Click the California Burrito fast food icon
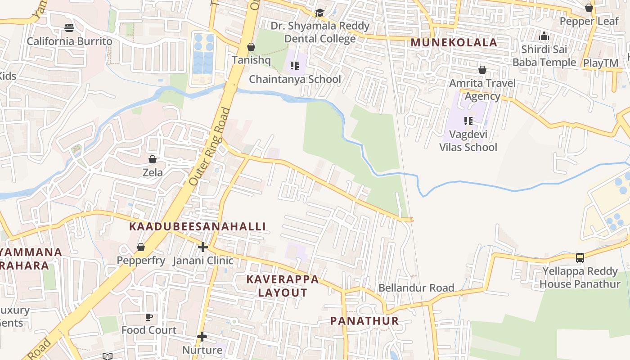pos(69,28)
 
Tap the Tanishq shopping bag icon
pos(251,47)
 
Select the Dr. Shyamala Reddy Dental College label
pos(320,32)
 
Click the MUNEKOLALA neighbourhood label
pos(454,43)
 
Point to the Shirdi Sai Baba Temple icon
pos(544,36)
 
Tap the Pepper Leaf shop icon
pos(589,8)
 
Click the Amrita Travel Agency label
pos(482,90)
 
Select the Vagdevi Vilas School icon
pos(468,121)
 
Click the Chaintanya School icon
pos(295,66)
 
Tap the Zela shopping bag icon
pos(153,160)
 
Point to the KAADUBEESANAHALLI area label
pos(198,226)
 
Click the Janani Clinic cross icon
pos(203,247)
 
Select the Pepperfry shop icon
pos(141,247)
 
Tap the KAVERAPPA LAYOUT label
pos(283,286)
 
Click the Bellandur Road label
pos(416,288)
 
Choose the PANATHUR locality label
pos(364,321)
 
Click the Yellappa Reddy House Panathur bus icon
pos(580,258)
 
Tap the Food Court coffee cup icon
pos(149,317)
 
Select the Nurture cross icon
pos(202,337)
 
